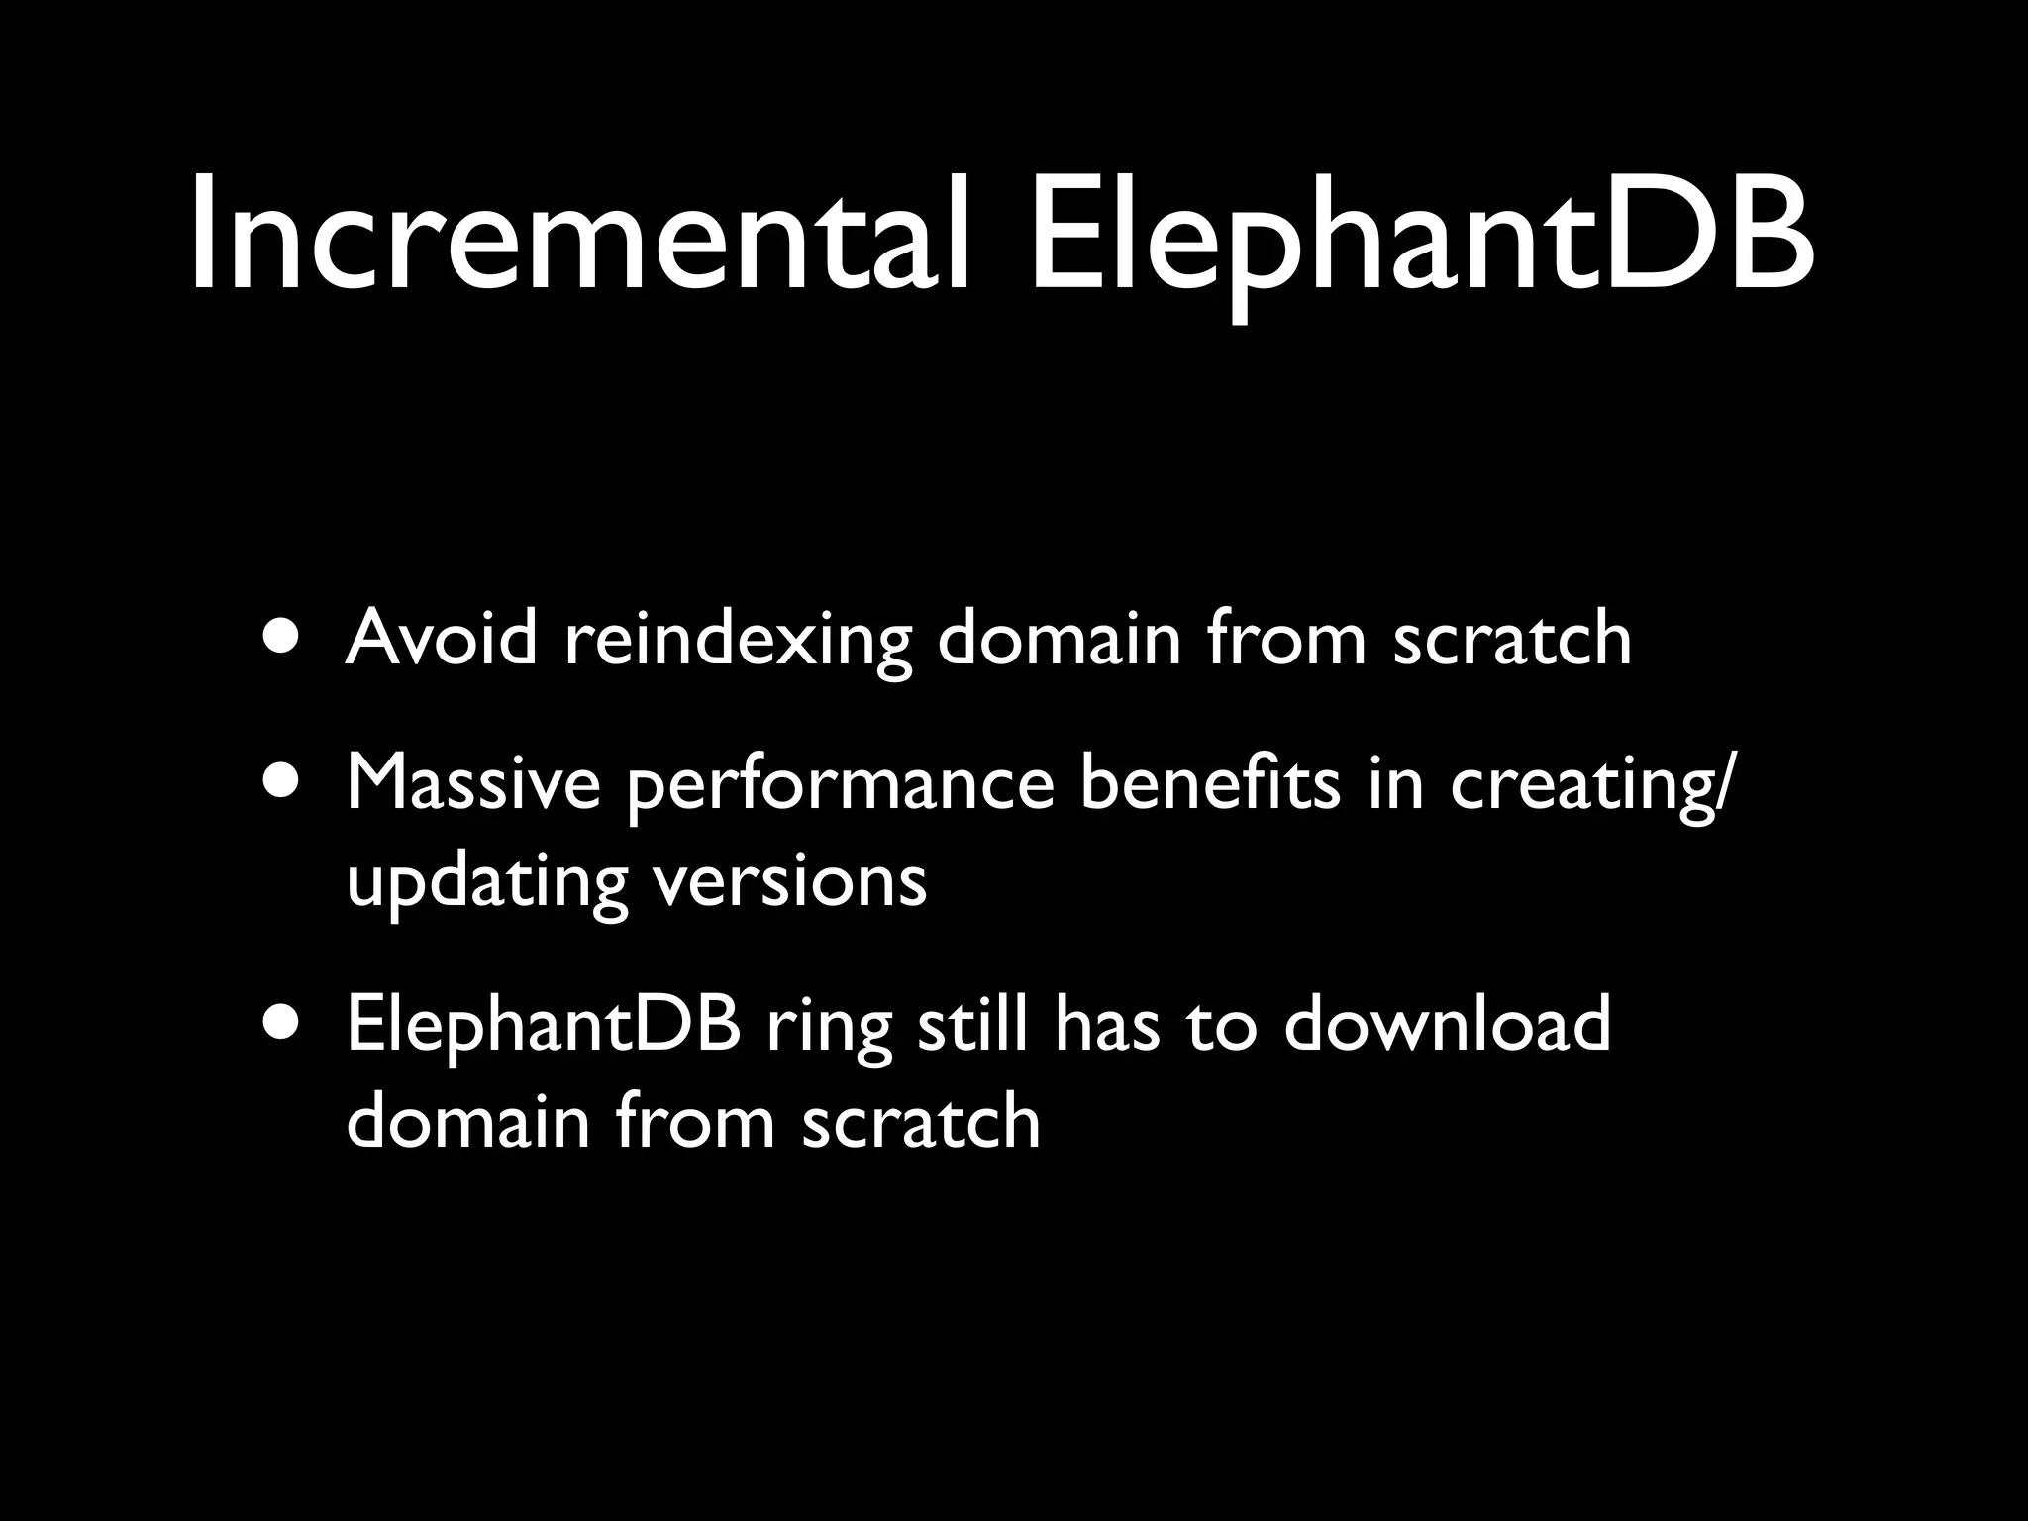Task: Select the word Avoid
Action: pos(442,638)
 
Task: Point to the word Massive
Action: pos(473,782)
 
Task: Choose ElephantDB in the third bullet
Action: pos(544,1026)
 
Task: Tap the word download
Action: pos(1447,1024)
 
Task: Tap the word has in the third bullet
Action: pos(1106,1024)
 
